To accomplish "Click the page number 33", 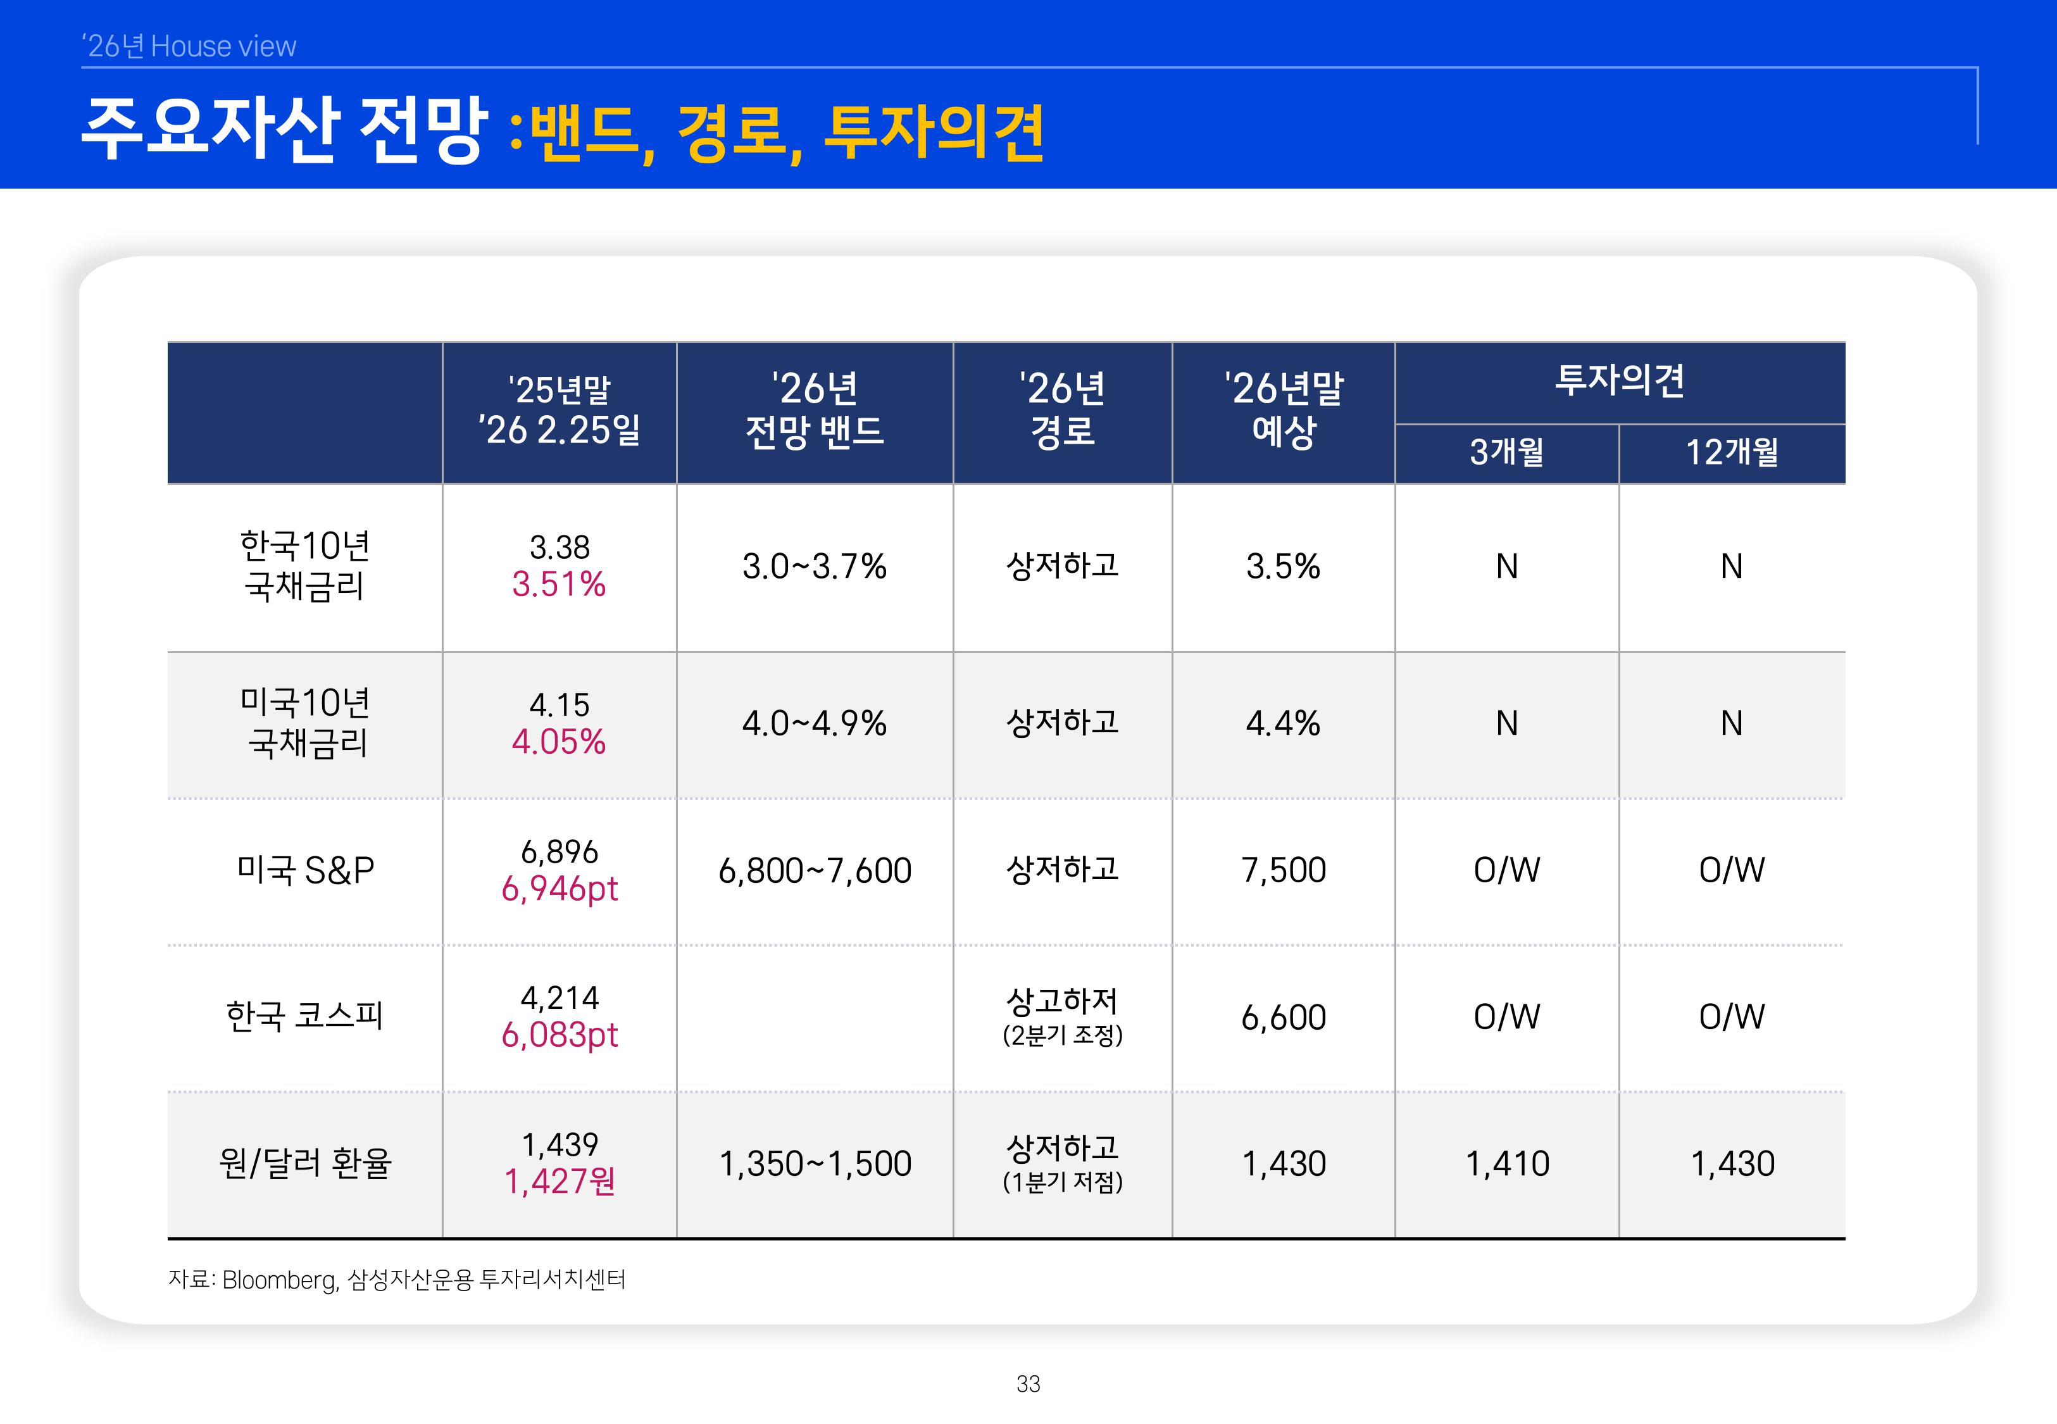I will [1028, 1384].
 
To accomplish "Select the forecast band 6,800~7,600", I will [815, 871].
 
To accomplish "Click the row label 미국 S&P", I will [305, 870].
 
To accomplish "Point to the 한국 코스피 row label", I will [304, 1016].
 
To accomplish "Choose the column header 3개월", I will [1506, 453].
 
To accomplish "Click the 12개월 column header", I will [1732, 453].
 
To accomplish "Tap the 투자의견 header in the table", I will [1620, 381].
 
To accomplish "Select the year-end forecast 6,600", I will [1284, 1017].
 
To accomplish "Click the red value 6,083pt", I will [560, 1035].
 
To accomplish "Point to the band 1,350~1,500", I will [815, 1163].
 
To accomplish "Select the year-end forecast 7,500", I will [1284, 870].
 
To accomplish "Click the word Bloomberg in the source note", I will [279, 1280].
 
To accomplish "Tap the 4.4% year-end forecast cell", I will [1283, 723].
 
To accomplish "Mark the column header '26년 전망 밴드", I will [815, 410].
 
